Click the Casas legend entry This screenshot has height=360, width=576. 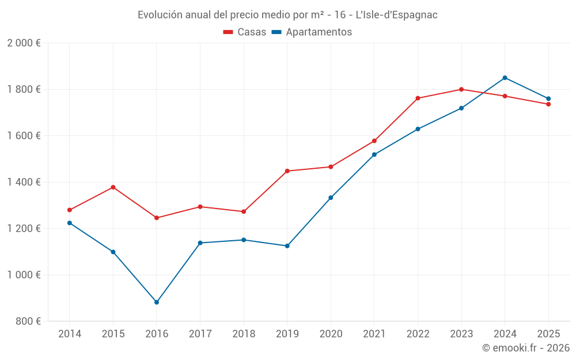(x=245, y=32)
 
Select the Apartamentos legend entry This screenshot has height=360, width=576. (x=312, y=32)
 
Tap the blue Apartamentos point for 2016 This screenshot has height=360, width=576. (x=157, y=302)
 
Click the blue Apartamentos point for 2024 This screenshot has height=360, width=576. (x=505, y=78)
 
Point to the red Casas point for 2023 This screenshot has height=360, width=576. (x=461, y=89)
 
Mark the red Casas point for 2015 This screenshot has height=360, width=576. (x=113, y=187)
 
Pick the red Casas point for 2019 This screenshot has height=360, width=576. (x=287, y=171)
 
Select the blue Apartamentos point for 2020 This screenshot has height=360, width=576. (x=331, y=198)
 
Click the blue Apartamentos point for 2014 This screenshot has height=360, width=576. (x=70, y=223)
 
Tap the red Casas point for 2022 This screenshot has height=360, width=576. (x=418, y=98)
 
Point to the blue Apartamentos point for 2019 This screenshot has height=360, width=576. (x=287, y=246)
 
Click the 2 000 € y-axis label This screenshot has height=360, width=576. (x=24, y=43)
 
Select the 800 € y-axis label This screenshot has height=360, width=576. (x=28, y=321)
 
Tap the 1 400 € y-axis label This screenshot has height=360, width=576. (x=24, y=182)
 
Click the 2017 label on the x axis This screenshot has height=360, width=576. (x=200, y=334)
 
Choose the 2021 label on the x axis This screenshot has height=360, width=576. (x=374, y=334)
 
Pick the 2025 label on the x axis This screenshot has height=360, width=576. (x=548, y=334)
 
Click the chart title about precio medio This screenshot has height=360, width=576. (x=287, y=15)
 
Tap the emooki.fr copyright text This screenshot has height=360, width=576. (x=525, y=348)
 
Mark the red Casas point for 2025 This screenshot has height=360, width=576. (x=548, y=104)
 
